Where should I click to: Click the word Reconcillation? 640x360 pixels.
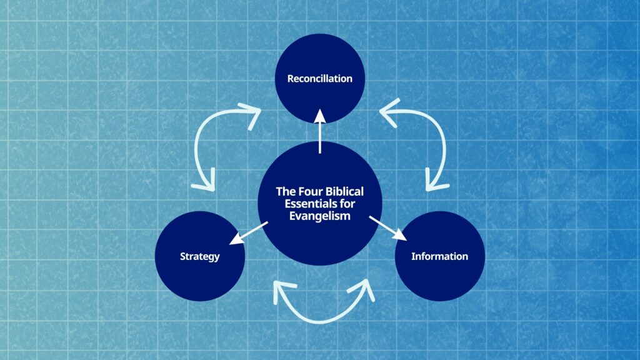(319, 79)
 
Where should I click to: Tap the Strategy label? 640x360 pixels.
(199, 256)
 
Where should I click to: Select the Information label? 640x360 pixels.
(439, 256)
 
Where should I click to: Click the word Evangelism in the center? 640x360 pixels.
(319, 216)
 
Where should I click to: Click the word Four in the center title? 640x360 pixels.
(309, 191)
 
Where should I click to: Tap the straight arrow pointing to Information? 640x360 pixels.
(387, 228)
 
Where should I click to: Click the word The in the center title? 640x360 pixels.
(285, 191)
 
